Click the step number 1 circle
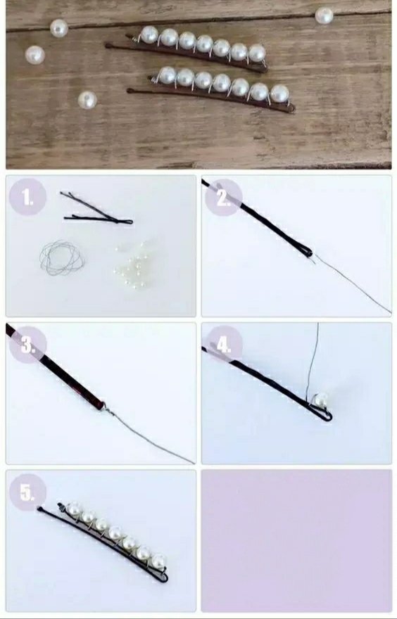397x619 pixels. (x=27, y=197)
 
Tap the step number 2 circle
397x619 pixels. (x=224, y=198)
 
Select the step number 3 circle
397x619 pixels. (x=27, y=345)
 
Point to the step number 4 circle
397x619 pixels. (x=224, y=345)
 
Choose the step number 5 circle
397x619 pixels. (x=27, y=492)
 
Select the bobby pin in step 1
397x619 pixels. (x=96, y=208)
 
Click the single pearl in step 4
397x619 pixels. (x=322, y=400)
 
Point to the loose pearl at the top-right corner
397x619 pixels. (x=324, y=15)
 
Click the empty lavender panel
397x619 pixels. (x=296, y=541)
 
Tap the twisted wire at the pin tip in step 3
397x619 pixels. (x=108, y=411)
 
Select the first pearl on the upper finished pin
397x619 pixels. (x=149, y=34)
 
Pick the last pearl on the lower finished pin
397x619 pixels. (x=279, y=94)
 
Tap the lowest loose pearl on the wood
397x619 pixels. (x=87, y=100)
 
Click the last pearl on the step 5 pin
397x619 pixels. (x=158, y=561)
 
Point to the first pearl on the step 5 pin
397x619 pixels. (x=74, y=509)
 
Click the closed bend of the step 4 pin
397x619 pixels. (x=327, y=417)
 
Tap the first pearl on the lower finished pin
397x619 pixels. (x=167, y=75)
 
